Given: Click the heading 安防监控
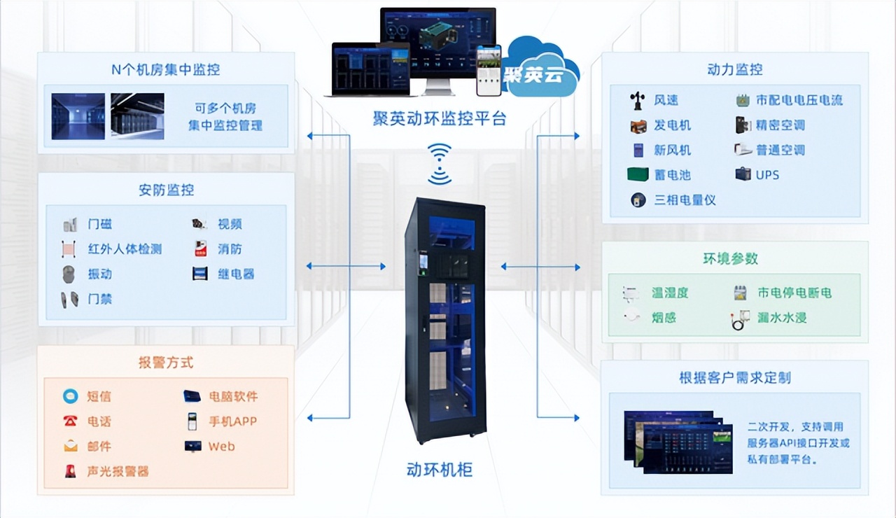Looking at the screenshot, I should (x=166, y=190).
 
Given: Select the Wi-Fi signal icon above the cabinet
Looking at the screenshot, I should (x=440, y=164).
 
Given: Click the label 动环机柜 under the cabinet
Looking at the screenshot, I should (x=439, y=469).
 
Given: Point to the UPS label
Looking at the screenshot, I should (x=767, y=175).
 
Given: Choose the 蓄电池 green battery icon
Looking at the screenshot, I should (x=638, y=175).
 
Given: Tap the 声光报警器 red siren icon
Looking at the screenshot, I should (x=71, y=471).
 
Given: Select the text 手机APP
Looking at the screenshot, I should (x=232, y=421).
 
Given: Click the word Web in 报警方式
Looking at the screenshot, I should (x=221, y=447).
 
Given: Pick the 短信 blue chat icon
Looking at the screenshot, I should (x=71, y=396).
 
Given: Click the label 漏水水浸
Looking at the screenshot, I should (x=782, y=318).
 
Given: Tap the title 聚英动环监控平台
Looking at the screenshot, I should (x=439, y=118).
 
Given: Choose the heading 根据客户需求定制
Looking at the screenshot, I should (x=734, y=378).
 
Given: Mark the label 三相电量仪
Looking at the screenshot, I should (x=685, y=200).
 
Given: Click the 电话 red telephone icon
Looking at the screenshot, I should (x=71, y=421).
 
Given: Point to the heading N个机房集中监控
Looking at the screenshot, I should (x=166, y=69).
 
